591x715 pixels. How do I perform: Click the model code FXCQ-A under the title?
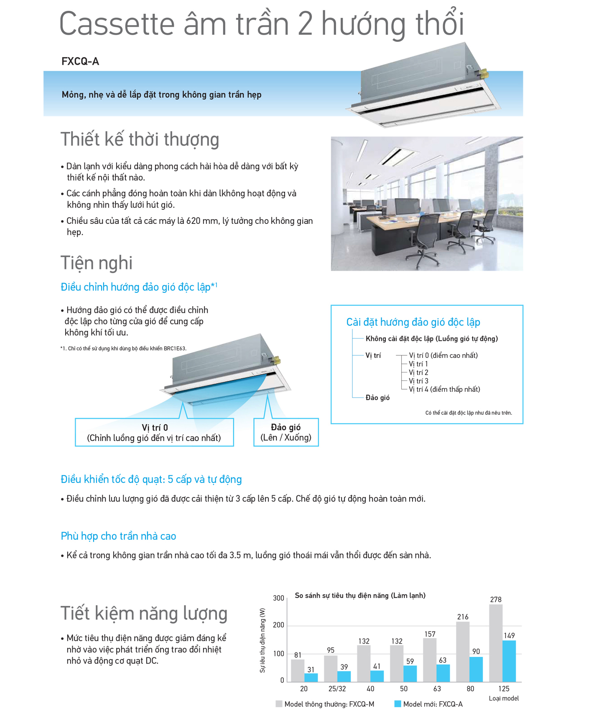80,62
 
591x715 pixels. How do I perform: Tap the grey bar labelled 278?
495,643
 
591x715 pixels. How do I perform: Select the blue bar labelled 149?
509,661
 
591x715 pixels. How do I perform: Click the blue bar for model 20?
311,677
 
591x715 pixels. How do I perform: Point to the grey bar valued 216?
462,652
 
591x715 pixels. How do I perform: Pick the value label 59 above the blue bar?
410,662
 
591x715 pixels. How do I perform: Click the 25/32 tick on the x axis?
337,689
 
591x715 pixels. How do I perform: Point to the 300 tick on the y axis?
278,598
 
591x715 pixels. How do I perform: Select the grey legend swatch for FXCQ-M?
279,704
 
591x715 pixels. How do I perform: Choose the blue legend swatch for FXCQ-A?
397,704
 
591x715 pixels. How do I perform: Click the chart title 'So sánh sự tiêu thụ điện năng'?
360,596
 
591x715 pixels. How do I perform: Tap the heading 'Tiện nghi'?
97,263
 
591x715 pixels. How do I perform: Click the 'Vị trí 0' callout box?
154,433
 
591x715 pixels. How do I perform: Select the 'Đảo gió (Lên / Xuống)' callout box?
286,432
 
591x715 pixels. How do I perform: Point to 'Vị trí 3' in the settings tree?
418,381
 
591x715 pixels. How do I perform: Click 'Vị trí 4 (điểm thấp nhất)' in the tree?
444,389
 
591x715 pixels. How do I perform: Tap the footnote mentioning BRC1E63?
124,348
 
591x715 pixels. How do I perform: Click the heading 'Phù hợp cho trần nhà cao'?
118,536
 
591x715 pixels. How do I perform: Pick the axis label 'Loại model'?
504,698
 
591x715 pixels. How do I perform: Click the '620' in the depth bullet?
193,221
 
